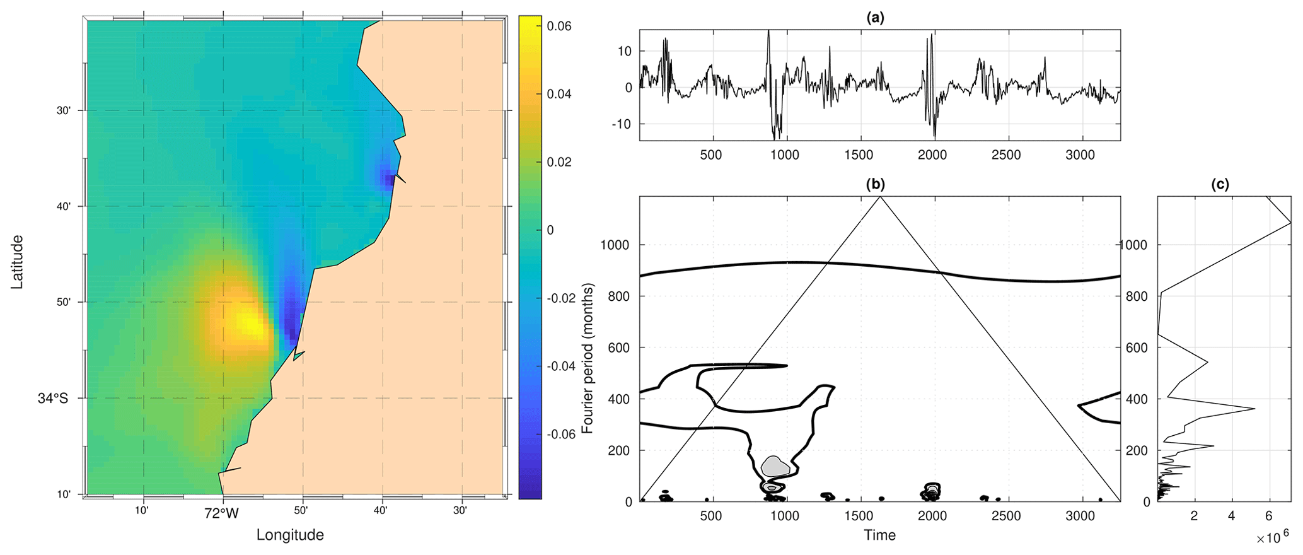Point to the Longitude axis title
pos(290,535)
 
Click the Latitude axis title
pos(17,262)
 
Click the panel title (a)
pos(876,18)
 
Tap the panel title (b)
pos(876,185)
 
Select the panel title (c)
pos(1220,185)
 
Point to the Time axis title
pos(879,535)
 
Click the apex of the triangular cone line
pos(880,197)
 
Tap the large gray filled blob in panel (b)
pos(775,467)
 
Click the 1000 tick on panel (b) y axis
pos(615,245)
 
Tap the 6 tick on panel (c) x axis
pos(1268,516)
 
